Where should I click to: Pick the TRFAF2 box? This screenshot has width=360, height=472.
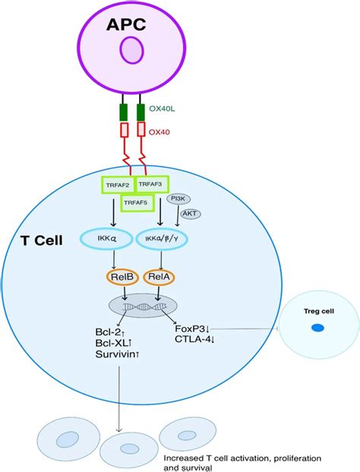pyautogui.click(x=117, y=184)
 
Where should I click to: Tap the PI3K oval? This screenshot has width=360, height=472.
pyautogui.click(x=178, y=198)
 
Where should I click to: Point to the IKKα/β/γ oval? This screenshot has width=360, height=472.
pyautogui.click(x=162, y=240)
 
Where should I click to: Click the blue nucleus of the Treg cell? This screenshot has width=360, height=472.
pyautogui.click(x=317, y=329)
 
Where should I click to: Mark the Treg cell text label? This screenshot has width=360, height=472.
pyautogui.click(x=317, y=310)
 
